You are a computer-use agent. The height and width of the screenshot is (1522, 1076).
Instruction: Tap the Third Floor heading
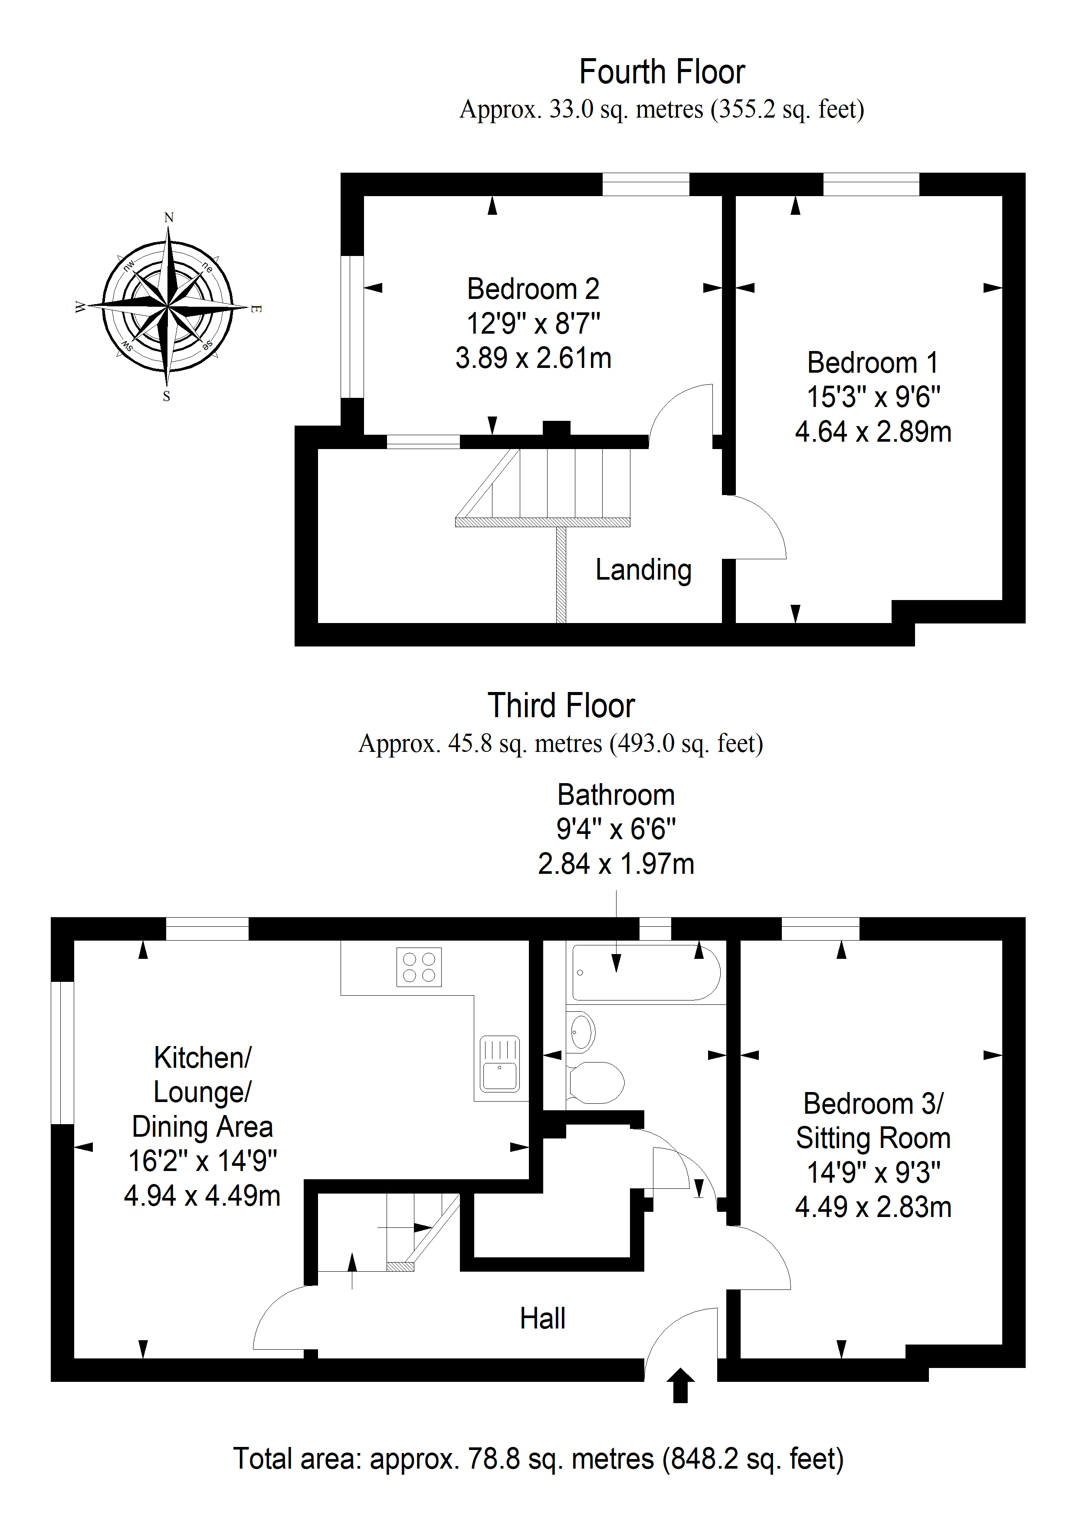(561, 705)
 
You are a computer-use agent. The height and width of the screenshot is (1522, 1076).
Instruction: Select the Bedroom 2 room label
(533, 289)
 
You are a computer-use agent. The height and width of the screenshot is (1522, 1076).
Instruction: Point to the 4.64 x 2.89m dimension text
(873, 432)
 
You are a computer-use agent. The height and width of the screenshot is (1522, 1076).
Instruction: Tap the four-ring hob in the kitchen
(419, 967)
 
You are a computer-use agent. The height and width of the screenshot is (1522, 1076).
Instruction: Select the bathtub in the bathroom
(646, 972)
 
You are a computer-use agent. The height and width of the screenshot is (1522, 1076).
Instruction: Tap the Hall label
(542, 1319)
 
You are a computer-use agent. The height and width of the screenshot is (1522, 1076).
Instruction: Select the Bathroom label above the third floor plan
(616, 795)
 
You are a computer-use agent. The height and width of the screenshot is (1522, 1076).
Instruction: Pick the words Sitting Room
(873, 1138)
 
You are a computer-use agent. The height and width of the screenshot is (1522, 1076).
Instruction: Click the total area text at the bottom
(538, 1459)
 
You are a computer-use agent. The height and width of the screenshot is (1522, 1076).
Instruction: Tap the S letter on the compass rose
(167, 397)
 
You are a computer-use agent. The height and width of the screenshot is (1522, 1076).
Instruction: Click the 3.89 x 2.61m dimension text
(533, 358)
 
